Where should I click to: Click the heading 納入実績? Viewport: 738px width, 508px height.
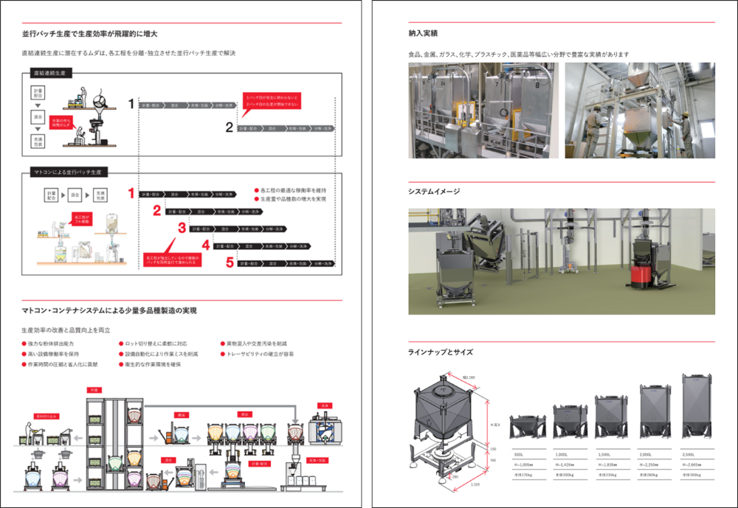coord(423,33)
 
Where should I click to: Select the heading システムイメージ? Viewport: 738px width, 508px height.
coord(434,192)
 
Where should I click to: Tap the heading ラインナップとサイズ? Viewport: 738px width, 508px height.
coord(441,352)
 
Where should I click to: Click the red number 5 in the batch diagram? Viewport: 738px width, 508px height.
coord(230,262)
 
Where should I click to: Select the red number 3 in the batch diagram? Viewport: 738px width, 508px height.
coord(181,228)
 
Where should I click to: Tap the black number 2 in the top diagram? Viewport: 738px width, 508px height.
coord(230,128)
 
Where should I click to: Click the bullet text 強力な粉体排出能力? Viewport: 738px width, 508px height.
coord(51,344)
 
